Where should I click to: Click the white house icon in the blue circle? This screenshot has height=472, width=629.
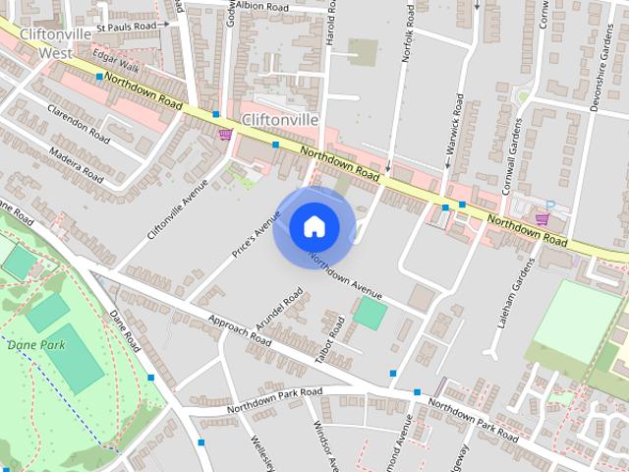(314, 227)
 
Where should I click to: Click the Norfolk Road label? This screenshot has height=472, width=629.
(408, 38)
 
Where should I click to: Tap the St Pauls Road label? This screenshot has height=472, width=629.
(127, 26)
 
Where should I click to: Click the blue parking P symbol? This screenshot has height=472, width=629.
(550, 206)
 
